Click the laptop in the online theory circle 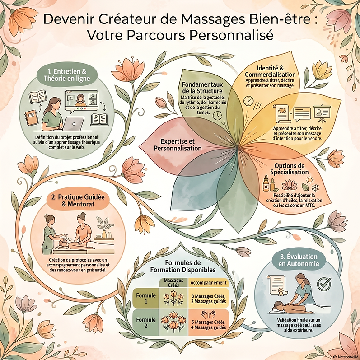coord(74,123)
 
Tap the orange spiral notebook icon coord(31,117)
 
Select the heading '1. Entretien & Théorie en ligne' coord(67,75)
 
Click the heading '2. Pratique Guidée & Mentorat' coord(78,201)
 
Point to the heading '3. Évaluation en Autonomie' coord(299,260)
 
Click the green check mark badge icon coord(324,284)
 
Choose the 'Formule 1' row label coord(146,298)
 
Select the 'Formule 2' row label coord(146,323)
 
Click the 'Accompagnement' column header coord(209,283)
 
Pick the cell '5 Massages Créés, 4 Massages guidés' coord(209,325)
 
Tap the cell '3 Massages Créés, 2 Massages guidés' coord(209,299)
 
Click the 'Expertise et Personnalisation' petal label coord(178,145)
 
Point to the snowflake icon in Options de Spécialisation coord(315,187)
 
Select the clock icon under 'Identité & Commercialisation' coord(248,101)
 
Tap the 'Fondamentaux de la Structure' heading coord(202,87)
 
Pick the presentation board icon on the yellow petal coord(322,113)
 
